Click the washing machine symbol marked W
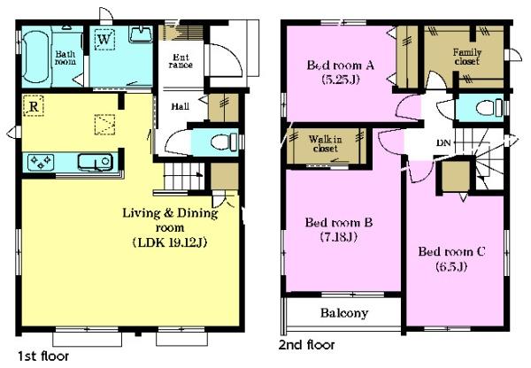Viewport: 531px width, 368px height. [x=104, y=40]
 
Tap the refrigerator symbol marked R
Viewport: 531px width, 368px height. [x=34, y=106]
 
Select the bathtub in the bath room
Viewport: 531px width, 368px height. [x=35, y=57]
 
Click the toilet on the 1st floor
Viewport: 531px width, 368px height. [x=224, y=142]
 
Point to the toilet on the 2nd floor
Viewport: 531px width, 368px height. [x=489, y=108]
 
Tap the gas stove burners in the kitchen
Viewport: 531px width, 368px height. [x=41, y=161]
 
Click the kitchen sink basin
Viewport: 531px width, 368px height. [x=96, y=162]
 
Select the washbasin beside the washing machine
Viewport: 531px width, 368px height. [x=141, y=34]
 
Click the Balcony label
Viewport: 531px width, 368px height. [x=344, y=313]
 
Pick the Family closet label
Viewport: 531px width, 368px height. [x=467, y=57]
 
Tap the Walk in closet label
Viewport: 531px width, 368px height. [x=325, y=143]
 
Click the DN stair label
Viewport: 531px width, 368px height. [x=443, y=143]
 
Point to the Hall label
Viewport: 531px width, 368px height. [x=181, y=106]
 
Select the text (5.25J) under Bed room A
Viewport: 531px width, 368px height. [x=341, y=80]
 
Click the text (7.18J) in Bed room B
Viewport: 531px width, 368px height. [x=339, y=237]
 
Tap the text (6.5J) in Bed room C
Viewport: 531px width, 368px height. [x=451, y=267]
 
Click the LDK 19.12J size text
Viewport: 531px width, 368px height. [x=170, y=242]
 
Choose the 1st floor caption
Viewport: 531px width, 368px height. [x=43, y=356]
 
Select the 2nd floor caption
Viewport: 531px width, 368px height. [x=307, y=345]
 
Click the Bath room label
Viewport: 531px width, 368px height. [x=65, y=57]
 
